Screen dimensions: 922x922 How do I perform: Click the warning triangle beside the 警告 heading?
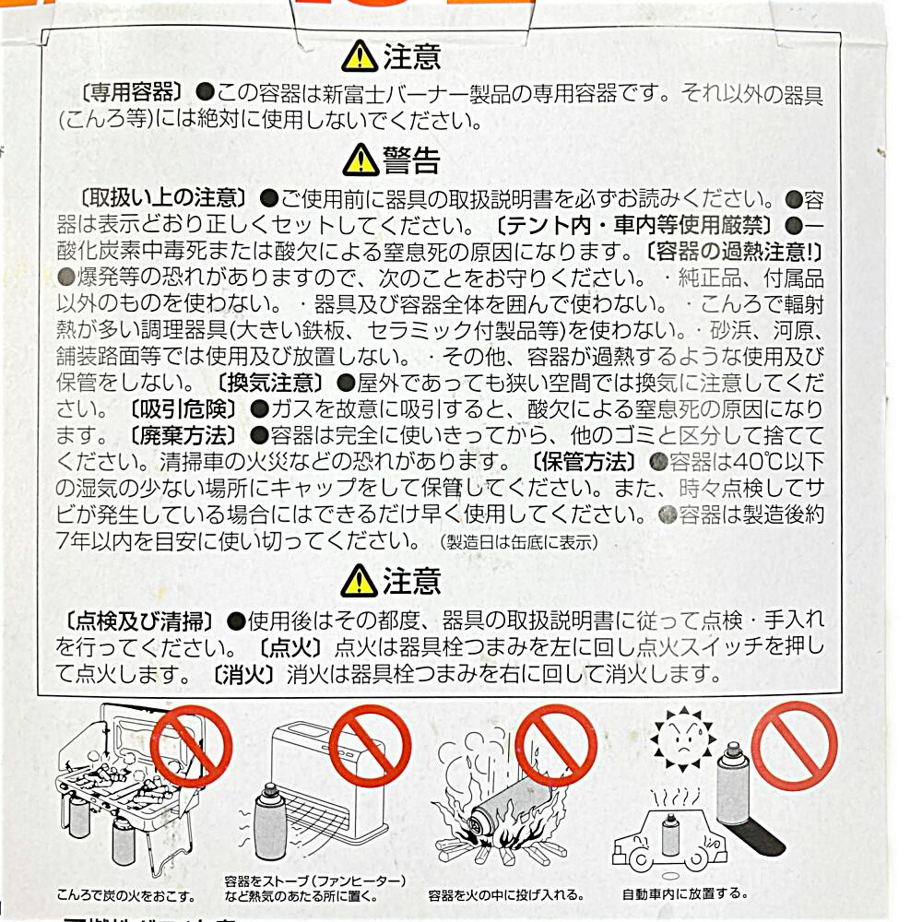(x=361, y=160)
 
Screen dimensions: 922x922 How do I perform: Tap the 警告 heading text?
(x=411, y=160)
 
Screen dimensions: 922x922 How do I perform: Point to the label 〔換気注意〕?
(x=269, y=384)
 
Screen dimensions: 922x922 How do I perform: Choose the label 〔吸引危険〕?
(x=183, y=409)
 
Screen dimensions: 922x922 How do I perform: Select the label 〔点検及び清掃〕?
(x=139, y=621)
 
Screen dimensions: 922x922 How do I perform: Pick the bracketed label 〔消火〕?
(x=242, y=674)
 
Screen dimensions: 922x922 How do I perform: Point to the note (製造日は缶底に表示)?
(x=518, y=542)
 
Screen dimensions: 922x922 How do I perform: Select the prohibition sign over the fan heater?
(x=370, y=746)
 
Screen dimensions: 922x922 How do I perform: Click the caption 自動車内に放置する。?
(x=685, y=894)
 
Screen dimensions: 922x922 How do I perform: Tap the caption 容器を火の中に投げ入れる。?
(x=505, y=895)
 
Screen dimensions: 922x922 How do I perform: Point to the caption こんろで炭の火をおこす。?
(x=125, y=896)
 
